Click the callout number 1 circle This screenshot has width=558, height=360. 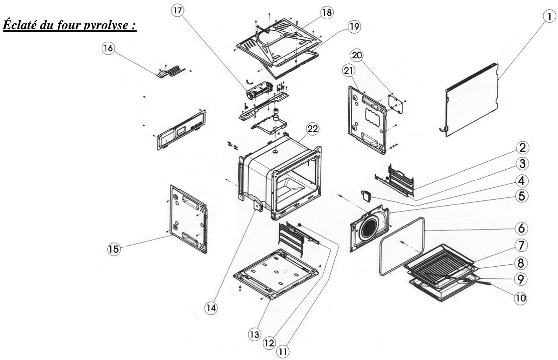tap(549, 17)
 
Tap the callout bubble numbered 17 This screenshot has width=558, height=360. tap(178, 11)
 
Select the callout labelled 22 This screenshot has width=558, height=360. tap(312, 129)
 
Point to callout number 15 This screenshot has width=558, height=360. tap(114, 249)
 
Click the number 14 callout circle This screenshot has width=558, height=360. tap(211, 308)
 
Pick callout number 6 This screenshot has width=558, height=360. tap(521, 228)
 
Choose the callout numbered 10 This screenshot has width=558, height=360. tap(520, 298)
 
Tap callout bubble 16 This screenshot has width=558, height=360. tap(108, 48)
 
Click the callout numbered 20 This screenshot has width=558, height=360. tap(357, 55)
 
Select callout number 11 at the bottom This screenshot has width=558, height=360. tap(283, 352)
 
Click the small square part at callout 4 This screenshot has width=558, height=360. tap(366, 195)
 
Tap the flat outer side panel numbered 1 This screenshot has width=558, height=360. tap(471, 100)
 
